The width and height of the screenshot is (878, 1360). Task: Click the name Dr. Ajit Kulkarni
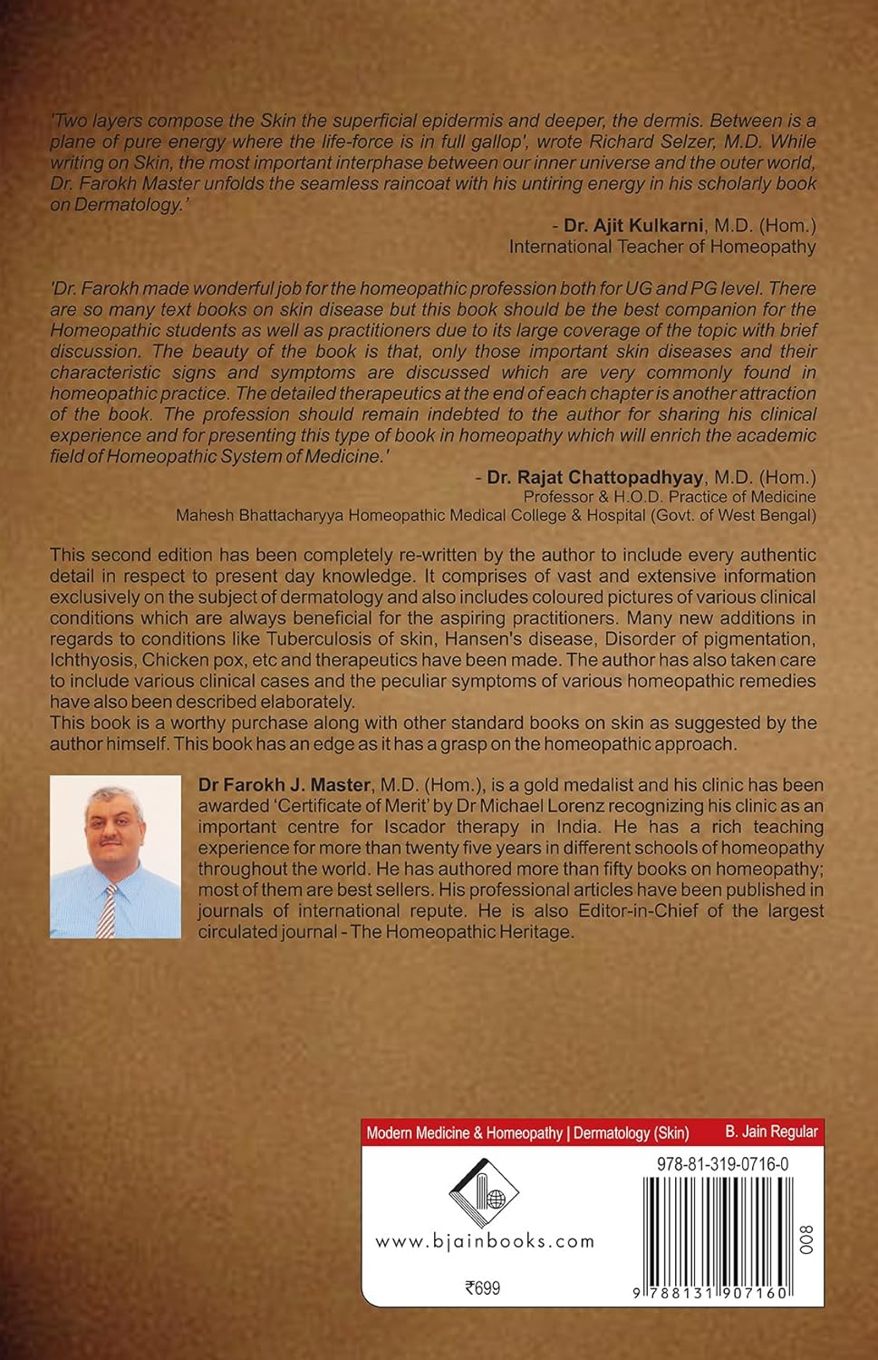pos(632,226)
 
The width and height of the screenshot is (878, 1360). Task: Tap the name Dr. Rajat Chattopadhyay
pos(594,477)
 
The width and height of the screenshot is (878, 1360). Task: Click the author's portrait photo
pos(115,857)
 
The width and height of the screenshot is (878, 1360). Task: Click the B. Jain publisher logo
pos(483,1194)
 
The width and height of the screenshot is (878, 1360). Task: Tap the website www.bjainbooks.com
pos(485,1241)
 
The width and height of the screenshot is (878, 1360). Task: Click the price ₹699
pos(482,1288)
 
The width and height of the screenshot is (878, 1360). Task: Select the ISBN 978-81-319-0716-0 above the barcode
pos(722,1164)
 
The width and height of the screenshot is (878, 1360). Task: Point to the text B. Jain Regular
pos(771,1132)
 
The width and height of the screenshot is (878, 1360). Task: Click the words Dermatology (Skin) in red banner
pos(632,1132)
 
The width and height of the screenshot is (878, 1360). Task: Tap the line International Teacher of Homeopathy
pos(661,247)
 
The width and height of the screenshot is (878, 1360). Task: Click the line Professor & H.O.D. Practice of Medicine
pos(669,497)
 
